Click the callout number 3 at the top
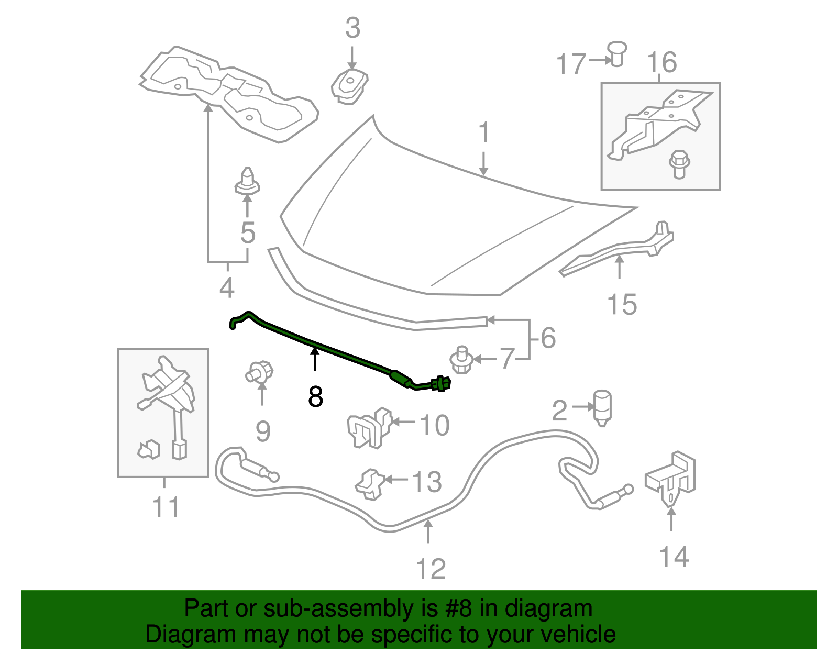(x=352, y=28)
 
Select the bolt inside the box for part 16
(x=679, y=164)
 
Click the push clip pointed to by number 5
(x=247, y=181)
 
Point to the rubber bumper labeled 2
(x=602, y=407)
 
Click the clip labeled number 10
(x=369, y=427)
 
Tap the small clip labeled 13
(x=370, y=482)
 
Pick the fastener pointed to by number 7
(x=461, y=360)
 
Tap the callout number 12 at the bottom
(x=431, y=569)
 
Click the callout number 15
(x=622, y=304)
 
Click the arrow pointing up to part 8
(x=315, y=360)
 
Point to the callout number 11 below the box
(x=166, y=507)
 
